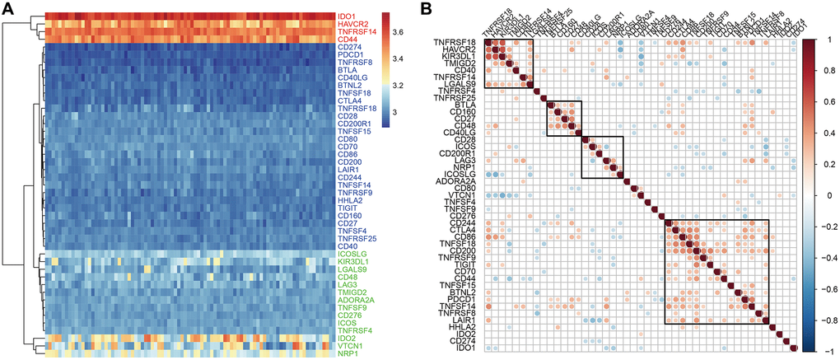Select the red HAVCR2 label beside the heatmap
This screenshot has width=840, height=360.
tap(352, 25)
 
